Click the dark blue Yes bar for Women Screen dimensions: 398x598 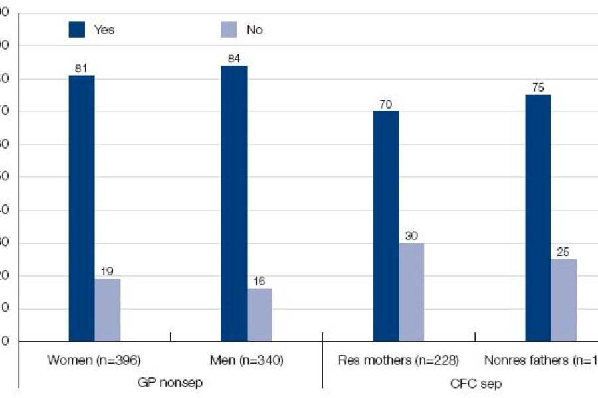click(82, 208)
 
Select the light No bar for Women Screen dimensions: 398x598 click(107, 310)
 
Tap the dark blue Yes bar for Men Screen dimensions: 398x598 click(234, 204)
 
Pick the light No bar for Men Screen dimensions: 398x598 click(259, 315)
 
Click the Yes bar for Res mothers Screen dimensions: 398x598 click(386, 226)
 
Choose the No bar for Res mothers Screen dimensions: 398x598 click(411, 292)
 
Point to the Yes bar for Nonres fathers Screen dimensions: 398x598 click(538, 218)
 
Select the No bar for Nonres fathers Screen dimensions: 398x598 click(563, 300)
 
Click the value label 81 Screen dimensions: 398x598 click(82, 67)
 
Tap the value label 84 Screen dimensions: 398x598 click(234, 58)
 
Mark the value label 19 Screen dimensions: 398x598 click(107, 271)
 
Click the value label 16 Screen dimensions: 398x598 click(259, 281)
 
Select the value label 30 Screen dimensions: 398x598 click(411, 235)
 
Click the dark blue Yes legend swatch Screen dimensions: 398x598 click(78, 29)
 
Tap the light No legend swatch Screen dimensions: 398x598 click(228, 29)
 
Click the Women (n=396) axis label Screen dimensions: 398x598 click(94, 360)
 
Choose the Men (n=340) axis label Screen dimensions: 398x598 click(246, 360)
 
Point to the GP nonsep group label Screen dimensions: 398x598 click(169, 383)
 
